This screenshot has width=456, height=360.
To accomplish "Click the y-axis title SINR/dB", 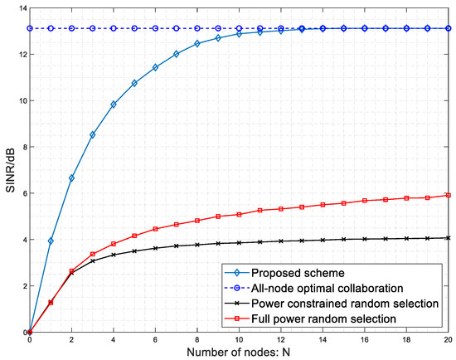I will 9,170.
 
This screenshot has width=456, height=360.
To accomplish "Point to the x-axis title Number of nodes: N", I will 239,353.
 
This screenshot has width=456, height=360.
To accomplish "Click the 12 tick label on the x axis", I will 281,339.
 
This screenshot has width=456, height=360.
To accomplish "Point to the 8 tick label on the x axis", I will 197,339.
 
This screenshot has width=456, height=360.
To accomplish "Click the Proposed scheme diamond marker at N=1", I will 51,241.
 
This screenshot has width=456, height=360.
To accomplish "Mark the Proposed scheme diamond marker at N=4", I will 114,105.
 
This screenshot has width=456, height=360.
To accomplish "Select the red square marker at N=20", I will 449,196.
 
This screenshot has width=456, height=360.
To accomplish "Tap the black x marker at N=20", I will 449,238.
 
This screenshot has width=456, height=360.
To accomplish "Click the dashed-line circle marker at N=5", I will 134,28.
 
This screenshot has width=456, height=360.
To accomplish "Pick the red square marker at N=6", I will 155,229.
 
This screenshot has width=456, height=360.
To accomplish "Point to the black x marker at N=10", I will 239,242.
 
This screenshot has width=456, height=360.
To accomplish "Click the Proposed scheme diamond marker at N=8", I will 197,43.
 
